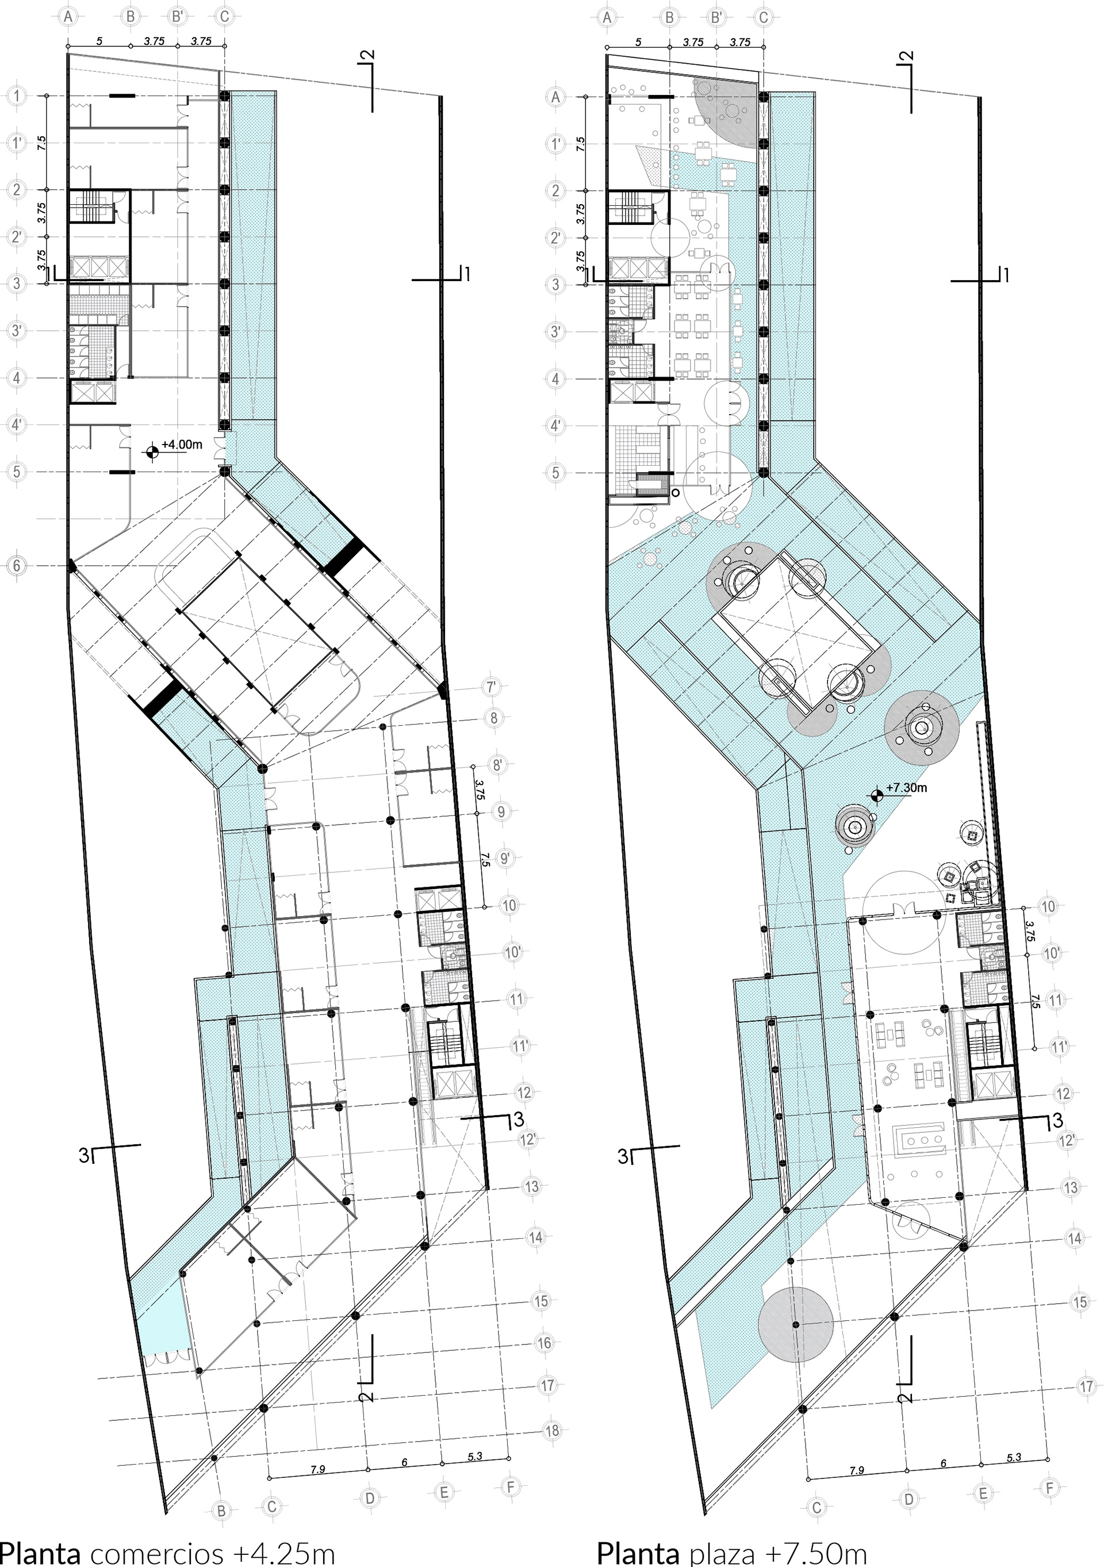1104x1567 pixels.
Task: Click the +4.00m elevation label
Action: click(x=182, y=445)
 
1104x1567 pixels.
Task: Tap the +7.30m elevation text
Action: click(x=907, y=788)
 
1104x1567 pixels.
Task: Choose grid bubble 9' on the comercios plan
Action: click(x=504, y=858)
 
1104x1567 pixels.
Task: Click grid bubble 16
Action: click(x=544, y=1343)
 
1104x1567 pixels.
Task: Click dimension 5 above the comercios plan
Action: click(x=99, y=41)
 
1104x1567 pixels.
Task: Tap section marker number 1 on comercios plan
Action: click(x=467, y=274)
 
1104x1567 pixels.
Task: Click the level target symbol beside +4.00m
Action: click(x=151, y=451)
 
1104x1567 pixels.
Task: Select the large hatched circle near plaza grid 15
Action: click(x=795, y=1323)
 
